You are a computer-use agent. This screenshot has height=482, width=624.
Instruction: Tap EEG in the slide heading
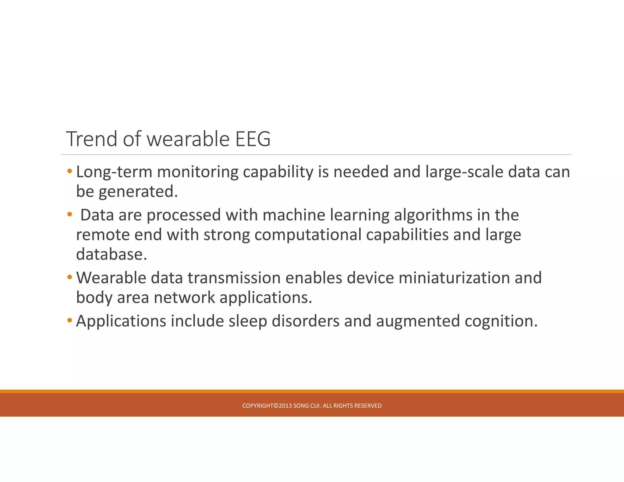[253, 139]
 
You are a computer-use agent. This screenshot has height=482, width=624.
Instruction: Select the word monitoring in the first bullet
[197, 172]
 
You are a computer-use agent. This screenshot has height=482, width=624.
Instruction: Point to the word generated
[138, 192]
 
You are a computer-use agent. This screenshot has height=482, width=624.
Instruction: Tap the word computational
[308, 235]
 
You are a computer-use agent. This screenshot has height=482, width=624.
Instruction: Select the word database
[111, 254]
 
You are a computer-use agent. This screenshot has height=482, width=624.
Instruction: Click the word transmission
[234, 278]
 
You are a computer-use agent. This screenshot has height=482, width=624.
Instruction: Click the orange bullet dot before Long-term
[70, 171]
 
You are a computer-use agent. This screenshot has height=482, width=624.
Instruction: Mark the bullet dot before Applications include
[70, 321]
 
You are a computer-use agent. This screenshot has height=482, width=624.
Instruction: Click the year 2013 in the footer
[285, 406]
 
